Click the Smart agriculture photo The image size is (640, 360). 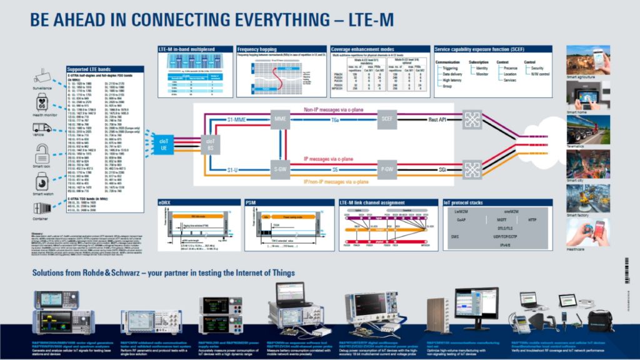[x=588, y=59]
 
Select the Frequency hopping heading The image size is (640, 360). [x=257, y=49]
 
